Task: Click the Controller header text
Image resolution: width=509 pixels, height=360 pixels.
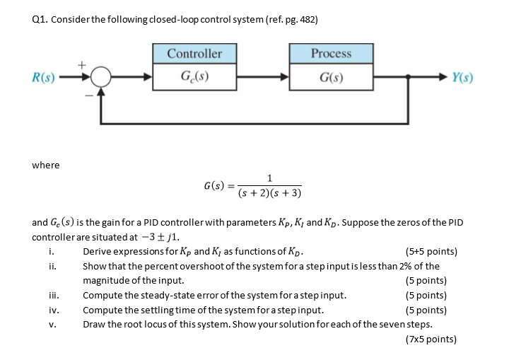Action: tap(194, 54)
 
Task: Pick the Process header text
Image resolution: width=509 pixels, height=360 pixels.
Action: tap(331, 54)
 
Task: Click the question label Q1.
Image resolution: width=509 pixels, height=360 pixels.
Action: tap(40, 20)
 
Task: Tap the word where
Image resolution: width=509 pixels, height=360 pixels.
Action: tap(46, 165)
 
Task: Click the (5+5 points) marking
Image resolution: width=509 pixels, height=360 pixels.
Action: tap(431, 252)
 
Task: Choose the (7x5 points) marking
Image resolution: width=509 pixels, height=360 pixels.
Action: tap(431, 339)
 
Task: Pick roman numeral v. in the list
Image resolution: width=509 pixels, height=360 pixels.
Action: tap(53, 325)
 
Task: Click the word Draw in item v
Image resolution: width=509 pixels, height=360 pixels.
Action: tap(95, 325)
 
